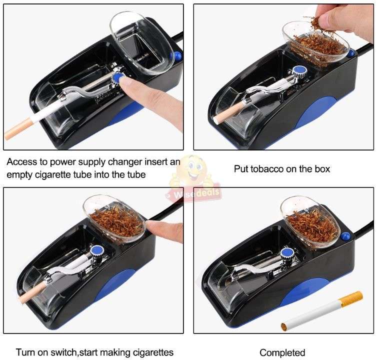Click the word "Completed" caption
(282, 352)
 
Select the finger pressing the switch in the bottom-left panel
(165, 230)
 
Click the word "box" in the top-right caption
(321, 169)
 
